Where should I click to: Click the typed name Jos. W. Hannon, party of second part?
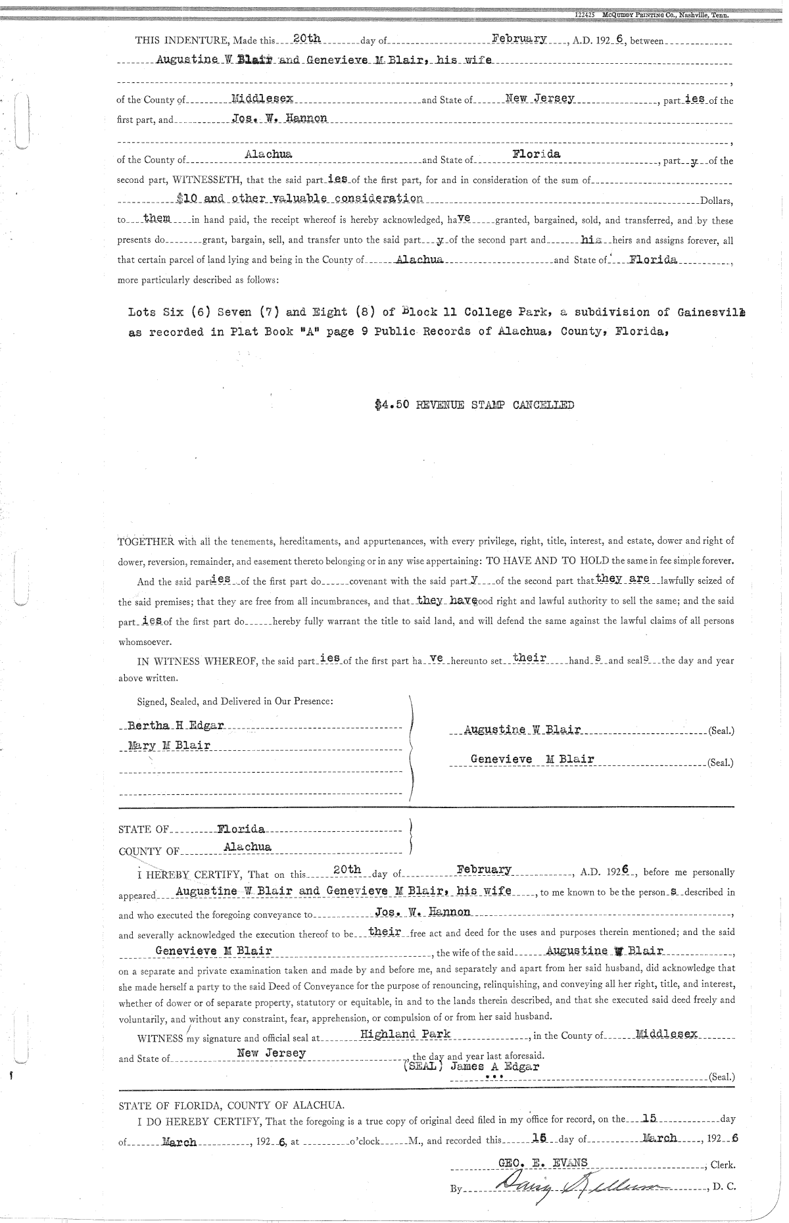tap(279, 118)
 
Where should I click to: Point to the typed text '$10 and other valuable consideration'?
tap(300, 197)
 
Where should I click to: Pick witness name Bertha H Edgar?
tap(176, 725)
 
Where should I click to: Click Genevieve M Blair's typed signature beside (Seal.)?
tap(532, 759)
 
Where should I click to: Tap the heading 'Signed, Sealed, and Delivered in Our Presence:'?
tap(235, 701)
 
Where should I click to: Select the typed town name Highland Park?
tap(406, 1034)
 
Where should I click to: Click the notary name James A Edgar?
tap(494, 1067)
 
